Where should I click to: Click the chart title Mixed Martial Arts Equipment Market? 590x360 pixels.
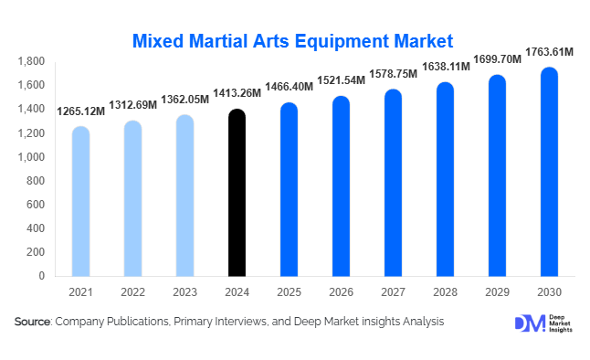[293, 41]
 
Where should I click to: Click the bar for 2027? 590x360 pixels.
[393, 183]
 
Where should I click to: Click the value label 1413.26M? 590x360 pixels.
[237, 94]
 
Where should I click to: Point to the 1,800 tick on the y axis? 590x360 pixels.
[32, 61]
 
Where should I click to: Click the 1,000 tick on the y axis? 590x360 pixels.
[32, 157]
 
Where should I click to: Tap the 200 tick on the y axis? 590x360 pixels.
[38, 252]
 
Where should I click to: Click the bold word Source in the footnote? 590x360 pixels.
[33, 322]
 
